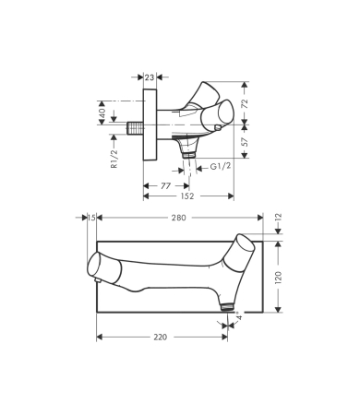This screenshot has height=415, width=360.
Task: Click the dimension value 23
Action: (x=150, y=77)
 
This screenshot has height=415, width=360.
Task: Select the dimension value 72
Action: (x=245, y=104)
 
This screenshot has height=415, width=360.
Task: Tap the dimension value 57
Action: (x=245, y=142)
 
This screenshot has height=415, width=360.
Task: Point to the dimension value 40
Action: (x=102, y=113)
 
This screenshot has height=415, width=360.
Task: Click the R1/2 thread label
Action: (x=114, y=159)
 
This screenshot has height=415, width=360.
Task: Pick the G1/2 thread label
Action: (x=221, y=166)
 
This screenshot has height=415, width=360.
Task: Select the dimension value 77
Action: (x=165, y=186)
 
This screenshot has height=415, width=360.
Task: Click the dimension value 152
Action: (x=187, y=196)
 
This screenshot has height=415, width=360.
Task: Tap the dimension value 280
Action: (x=179, y=218)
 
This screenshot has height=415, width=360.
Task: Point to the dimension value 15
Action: (x=91, y=218)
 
